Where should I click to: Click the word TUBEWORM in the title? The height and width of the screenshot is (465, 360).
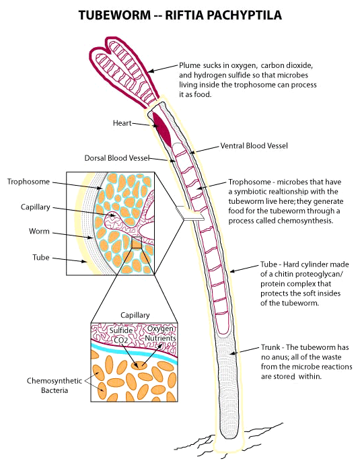click(114, 15)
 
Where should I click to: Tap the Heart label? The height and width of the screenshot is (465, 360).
click(122, 122)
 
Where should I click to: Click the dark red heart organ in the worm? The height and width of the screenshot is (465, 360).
click(162, 129)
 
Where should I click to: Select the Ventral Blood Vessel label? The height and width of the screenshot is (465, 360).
click(254, 145)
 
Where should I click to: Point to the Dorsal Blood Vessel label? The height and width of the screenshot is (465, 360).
click(117, 157)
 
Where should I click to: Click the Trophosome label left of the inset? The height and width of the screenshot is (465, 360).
click(28, 182)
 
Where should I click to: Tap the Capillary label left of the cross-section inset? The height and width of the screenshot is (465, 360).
click(35, 207)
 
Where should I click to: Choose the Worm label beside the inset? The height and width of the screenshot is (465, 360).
click(39, 231)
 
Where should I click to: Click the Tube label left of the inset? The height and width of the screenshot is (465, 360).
click(41, 257)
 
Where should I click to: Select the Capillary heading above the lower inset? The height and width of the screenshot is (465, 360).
click(135, 315)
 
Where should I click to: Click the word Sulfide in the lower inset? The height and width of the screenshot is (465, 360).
click(121, 330)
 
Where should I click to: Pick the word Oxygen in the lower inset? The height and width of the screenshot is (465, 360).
click(160, 329)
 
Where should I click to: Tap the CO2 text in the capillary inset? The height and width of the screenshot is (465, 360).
click(121, 340)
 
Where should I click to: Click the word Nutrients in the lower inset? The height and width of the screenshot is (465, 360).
click(160, 338)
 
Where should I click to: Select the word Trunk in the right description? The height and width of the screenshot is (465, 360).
click(271, 347)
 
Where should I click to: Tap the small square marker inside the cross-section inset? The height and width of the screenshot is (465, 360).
click(137, 242)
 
